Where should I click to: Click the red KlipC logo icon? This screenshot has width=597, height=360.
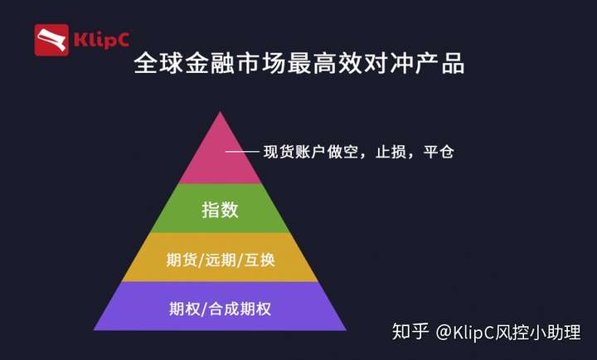click(x=51, y=41)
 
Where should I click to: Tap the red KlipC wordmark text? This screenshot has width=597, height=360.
click(x=102, y=40)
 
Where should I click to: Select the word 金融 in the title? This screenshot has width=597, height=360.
click(x=210, y=63)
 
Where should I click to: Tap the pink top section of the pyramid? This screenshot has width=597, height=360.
click(x=220, y=156)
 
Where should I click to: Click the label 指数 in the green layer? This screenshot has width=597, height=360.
click(x=220, y=210)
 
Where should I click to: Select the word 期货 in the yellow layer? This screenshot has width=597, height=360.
click(x=182, y=260)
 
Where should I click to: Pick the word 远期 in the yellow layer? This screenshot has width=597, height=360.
click(x=221, y=260)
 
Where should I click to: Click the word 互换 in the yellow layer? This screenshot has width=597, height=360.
click(x=260, y=260)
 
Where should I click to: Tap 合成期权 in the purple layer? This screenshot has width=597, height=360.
click(x=240, y=309)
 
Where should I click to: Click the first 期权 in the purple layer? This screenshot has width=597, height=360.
click(x=185, y=309)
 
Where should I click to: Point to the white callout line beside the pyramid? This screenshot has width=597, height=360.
click(x=242, y=152)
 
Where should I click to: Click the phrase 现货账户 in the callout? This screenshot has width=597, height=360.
click(x=294, y=152)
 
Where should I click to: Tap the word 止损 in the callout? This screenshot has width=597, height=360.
click(x=391, y=152)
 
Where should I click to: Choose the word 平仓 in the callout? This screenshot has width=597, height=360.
click(x=439, y=152)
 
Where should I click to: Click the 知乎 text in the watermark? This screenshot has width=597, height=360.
click(x=410, y=332)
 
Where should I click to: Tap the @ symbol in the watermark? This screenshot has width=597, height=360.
click(x=444, y=332)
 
